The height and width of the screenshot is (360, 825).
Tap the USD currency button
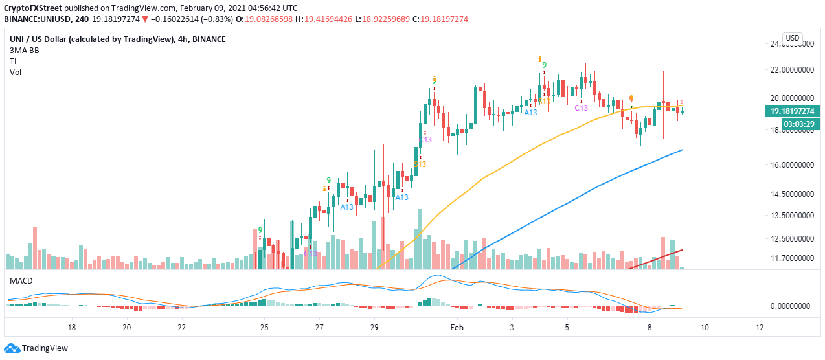point(793,38)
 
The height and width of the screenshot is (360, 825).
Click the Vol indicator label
point(16,73)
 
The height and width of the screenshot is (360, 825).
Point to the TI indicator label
point(13,61)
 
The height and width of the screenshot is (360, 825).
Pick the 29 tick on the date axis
point(374,328)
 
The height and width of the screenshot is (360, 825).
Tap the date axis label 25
point(264,328)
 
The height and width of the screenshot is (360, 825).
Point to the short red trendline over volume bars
point(656,258)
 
